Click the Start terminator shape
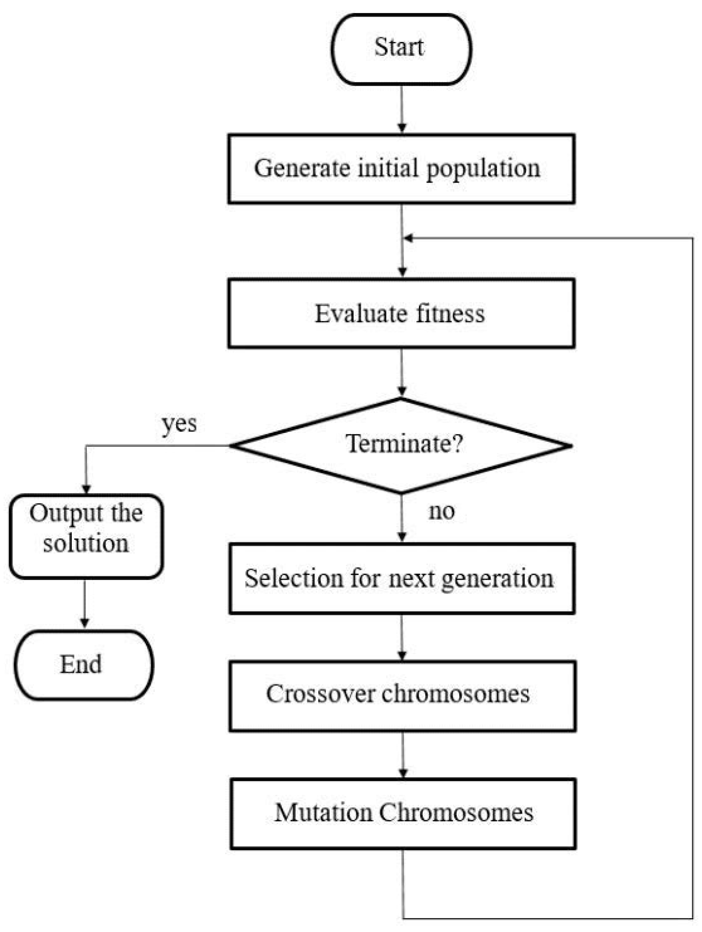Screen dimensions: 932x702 401,49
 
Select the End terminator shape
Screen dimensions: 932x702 84,665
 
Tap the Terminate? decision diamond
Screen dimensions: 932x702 401,445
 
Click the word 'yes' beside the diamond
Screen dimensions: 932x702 179,424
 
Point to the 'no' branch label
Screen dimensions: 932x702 441,511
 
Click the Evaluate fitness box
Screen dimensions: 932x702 401,314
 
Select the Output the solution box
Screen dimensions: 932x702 86,536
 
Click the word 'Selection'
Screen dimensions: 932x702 293,578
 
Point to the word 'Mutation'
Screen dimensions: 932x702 323,812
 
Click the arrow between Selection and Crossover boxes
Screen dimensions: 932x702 402,637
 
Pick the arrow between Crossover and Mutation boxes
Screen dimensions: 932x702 402,754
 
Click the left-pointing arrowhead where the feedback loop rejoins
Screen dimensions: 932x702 408,238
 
